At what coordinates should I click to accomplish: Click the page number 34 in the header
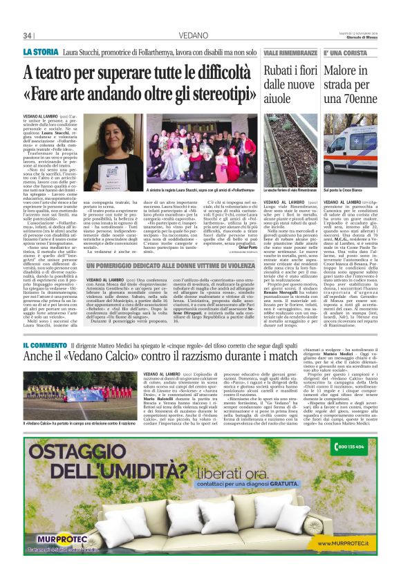tap(29, 35)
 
